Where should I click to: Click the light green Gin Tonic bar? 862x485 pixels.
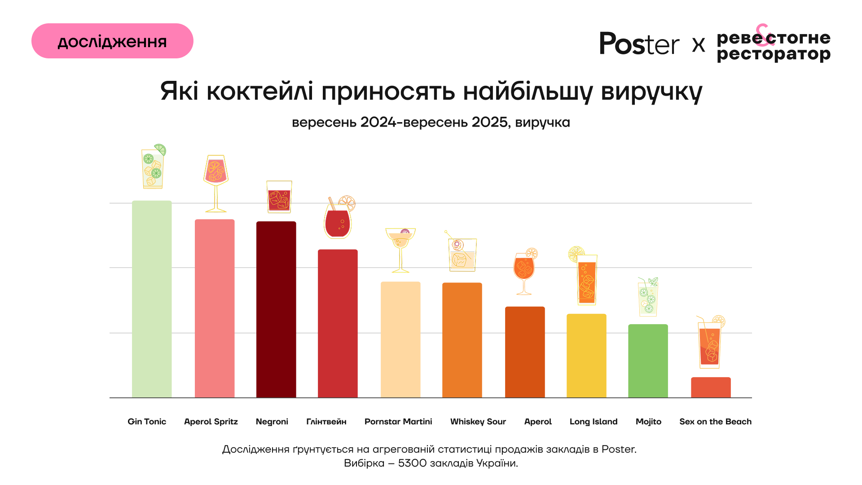tap(152, 299)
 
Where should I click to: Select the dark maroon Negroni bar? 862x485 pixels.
tap(276, 310)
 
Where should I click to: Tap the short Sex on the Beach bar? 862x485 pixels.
tap(711, 388)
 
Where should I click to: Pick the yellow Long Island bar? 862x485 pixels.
tap(586, 356)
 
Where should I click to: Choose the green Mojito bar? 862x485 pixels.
tap(648, 361)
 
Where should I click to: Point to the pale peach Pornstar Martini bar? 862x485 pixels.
tap(400, 339)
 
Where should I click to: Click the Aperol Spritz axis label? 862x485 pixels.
tap(211, 422)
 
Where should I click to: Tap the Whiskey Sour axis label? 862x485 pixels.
tap(478, 422)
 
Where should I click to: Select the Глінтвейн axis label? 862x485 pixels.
tap(326, 422)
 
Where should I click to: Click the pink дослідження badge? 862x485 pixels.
tap(112, 41)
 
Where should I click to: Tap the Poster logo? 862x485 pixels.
tap(639, 44)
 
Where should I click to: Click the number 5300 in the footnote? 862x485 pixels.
tap(412, 463)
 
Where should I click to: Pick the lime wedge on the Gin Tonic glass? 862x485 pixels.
tap(160, 149)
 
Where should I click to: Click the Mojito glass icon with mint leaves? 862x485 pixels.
tap(648, 297)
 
